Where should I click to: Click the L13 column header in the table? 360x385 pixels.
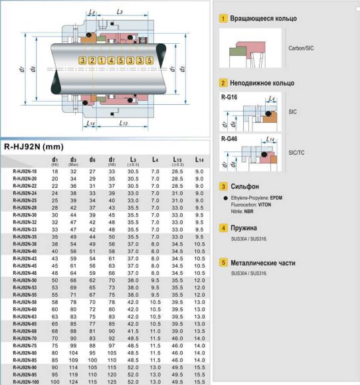(x=177, y=160)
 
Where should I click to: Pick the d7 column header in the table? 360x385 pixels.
(x=112, y=160)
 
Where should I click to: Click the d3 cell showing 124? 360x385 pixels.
(x=74, y=382)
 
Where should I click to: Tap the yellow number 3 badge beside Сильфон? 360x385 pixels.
(x=225, y=187)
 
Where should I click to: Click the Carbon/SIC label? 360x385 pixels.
(x=303, y=48)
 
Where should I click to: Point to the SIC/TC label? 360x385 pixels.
(x=298, y=152)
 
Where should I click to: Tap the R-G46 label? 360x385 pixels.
(x=229, y=138)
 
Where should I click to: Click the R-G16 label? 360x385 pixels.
(x=229, y=97)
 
